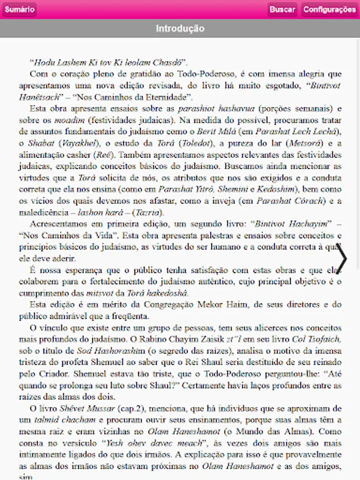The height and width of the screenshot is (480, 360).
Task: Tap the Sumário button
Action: click(x=19, y=10)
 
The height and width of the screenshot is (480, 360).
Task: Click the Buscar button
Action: click(x=282, y=10)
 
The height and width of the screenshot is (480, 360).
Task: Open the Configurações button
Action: click(x=329, y=10)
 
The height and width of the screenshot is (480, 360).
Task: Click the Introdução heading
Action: click(x=180, y=29)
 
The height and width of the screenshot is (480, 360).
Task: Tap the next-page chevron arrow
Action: click(x=342, y=259)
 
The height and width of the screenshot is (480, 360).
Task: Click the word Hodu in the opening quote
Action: click(x=43, y=62)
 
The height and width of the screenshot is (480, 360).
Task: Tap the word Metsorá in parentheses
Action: click(x=303, y=143)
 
